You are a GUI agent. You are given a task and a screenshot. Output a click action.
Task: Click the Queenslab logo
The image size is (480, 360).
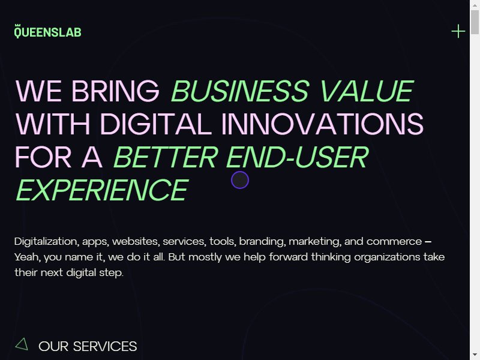pos(48,31)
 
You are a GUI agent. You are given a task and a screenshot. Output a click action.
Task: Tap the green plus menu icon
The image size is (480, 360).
pos(458,31)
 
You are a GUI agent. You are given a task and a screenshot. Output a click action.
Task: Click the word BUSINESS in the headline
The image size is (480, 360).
pos(240,91)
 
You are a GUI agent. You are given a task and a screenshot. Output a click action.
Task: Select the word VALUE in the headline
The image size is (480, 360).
pos(367,91)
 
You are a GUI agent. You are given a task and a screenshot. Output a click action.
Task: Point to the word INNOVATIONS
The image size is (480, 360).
pos(322,124)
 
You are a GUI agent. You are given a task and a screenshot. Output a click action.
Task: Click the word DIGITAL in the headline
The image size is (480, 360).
pos(156,124)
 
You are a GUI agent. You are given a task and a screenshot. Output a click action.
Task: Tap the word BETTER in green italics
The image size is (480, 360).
pos(166,157)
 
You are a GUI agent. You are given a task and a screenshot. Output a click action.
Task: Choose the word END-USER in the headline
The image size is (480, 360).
pos(298,157)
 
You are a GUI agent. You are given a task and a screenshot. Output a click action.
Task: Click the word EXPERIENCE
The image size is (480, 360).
pos(102,190)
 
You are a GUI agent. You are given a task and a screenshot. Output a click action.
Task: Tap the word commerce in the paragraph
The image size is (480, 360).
pos(394,242)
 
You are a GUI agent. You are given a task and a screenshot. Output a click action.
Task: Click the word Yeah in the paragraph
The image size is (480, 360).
pos(27,257)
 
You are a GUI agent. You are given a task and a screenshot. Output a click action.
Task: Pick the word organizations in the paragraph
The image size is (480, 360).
pos(387,257)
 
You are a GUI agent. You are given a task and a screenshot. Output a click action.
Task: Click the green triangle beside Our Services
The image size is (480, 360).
pos(22,344)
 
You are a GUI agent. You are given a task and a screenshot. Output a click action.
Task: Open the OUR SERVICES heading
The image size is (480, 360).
pos(88,347)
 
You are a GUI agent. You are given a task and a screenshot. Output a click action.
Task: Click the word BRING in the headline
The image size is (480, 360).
pos(115,91)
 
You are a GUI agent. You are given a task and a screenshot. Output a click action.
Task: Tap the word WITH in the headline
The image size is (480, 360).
pos(53,124)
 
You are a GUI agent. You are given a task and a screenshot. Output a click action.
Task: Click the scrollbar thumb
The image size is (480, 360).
pos(475,22)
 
